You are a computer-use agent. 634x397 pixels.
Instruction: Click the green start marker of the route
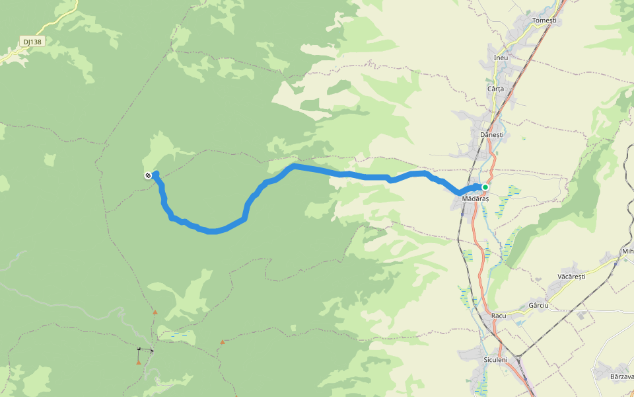pos(485,187)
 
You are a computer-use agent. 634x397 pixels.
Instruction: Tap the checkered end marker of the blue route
pos(148,175)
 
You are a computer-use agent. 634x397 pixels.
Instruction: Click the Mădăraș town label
pos(475,198)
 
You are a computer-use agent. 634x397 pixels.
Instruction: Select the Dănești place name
pos(491,134)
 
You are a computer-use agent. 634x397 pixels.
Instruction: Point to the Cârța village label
pos(495,89)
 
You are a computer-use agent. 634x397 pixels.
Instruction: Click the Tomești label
pos(544,21)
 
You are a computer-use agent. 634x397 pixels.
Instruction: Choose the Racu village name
pos(499,316)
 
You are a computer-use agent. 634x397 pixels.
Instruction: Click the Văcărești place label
pos(571,276)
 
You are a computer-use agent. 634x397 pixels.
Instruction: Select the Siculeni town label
pos(495,360)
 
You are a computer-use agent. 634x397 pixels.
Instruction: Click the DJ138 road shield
pos(31,42)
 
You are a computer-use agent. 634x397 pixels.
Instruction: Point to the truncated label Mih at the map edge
pos(627,251)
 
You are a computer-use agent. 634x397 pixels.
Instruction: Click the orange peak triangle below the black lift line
pos(138,362)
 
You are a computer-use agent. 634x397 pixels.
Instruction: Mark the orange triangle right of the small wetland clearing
pos(223,342)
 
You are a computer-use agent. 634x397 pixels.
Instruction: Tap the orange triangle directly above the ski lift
pos(155,312)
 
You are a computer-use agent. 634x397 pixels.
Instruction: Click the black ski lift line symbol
pos(145,349)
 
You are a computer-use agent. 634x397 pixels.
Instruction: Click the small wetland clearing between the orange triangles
pos(180,335)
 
